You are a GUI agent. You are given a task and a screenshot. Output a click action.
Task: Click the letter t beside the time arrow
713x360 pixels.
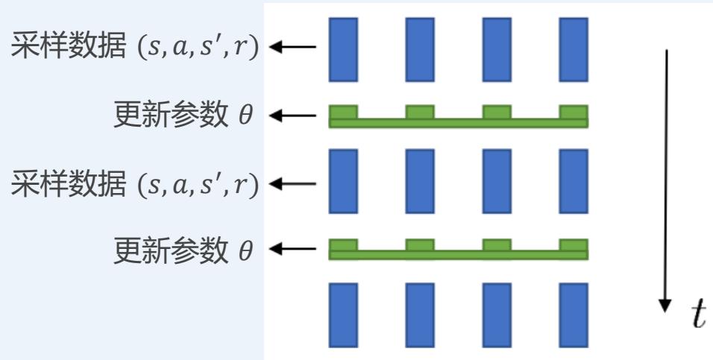pos(697,315)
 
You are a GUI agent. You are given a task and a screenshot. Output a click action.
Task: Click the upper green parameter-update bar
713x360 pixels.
pos(458,121)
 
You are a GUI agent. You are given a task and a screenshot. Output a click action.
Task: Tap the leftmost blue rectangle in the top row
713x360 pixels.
pos(343,48)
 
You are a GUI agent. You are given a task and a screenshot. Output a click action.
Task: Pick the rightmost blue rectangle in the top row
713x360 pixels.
pos(573,48)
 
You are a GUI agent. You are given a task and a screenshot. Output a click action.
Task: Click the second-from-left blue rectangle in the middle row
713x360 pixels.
pos(420,182)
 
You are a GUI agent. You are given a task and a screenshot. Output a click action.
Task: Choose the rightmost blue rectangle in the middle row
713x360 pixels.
pos(573,182)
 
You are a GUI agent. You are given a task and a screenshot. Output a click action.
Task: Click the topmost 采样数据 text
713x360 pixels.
pos(57,48)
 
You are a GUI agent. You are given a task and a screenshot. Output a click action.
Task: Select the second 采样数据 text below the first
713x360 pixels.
pos(57,183)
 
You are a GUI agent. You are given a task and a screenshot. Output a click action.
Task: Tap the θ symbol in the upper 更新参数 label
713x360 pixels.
pos(245,116)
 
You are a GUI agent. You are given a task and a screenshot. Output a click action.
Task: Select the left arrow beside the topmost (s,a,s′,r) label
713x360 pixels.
pos(292,48)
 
